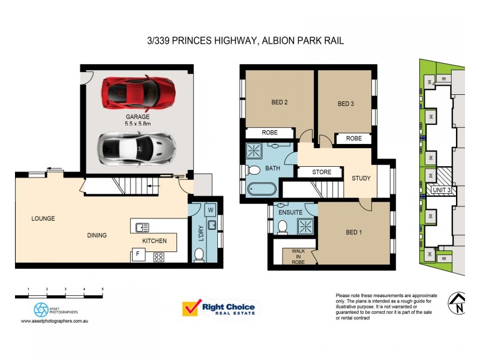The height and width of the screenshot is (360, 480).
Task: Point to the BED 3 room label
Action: pos(346,104)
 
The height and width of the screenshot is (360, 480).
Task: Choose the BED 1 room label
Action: pos(353,232)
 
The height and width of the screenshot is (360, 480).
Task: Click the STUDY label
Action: pos(361,178)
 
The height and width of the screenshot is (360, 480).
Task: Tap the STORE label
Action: pos(322,173)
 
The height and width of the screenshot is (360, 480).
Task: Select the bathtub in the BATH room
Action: pos(261,189)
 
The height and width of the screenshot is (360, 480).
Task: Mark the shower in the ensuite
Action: pos(307,226)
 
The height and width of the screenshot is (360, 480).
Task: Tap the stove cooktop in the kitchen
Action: pos(159,257)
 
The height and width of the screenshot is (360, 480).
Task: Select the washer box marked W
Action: pos(211,210)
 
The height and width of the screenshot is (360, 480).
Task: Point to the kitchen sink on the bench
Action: pos(143,227)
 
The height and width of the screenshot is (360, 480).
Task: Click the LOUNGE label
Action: pos(43,218)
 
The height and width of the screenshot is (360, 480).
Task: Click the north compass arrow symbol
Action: pos(458,304)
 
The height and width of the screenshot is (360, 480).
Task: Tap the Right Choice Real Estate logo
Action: pos(219,308)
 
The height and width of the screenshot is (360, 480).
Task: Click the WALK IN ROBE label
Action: pos(298,256)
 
